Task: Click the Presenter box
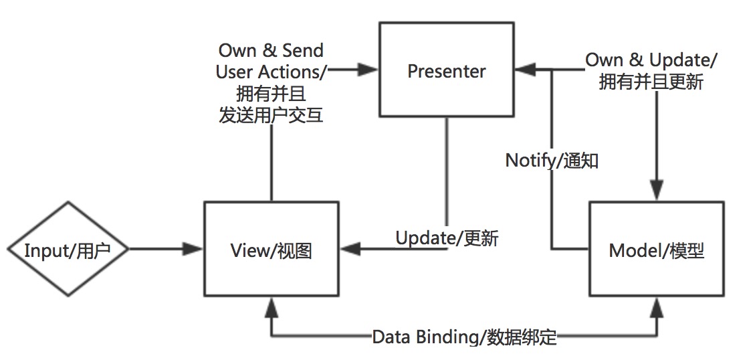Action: pos(446,70)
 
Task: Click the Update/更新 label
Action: pos(447,238)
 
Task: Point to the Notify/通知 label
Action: pos(552,161)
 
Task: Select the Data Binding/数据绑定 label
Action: pos(464,337)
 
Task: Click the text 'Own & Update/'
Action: pos(651,59)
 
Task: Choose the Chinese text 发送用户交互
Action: pos(271,114)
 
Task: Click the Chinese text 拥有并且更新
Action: pos(650,82)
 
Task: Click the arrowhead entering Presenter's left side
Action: pos(370,68)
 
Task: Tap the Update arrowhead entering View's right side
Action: pos(348,250)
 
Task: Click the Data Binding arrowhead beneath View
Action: pos(271,307)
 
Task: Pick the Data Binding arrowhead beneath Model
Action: pos(657,307)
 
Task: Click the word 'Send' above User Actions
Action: pos(303,50)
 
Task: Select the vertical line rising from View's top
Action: pos(271,164)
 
